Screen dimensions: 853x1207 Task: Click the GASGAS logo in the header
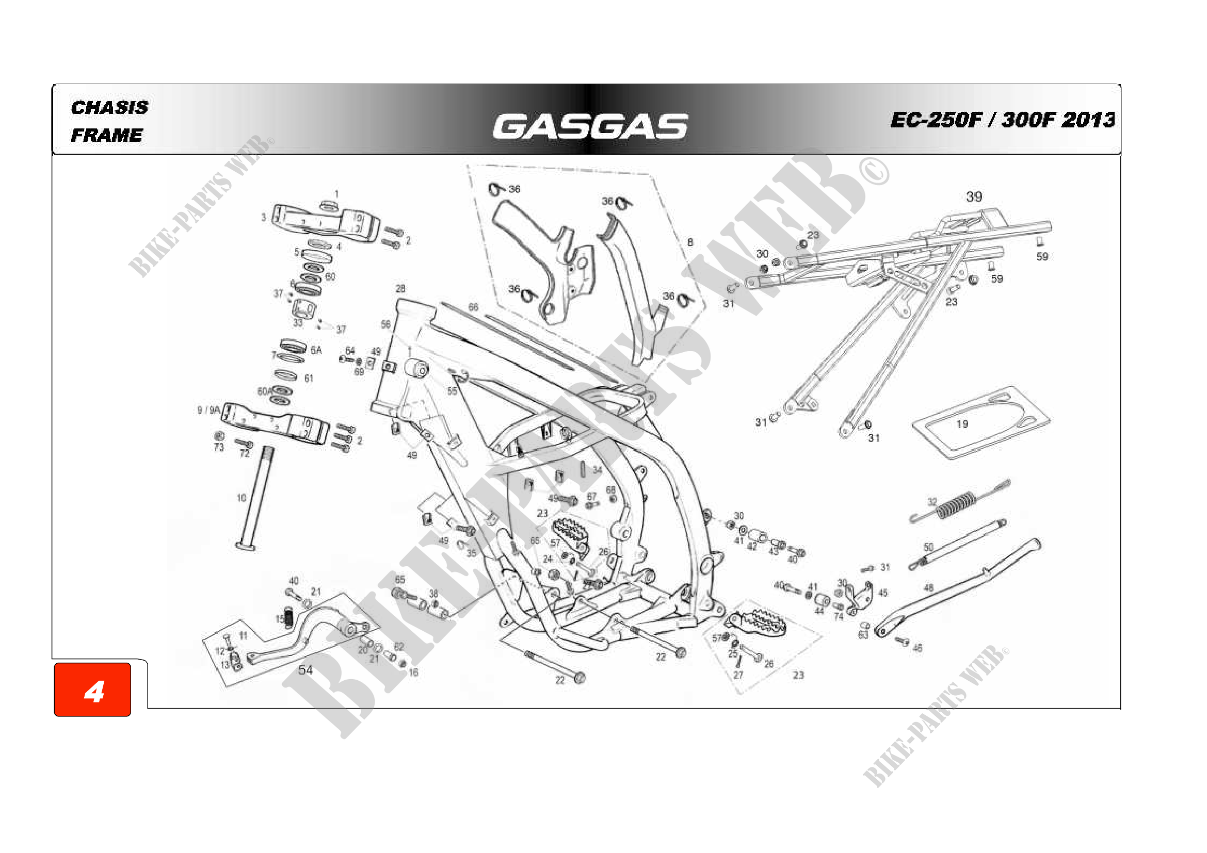tap(590, 126)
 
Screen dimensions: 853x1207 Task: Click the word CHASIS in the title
tap(110, 108)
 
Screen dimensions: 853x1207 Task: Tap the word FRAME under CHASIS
tap(107, 136)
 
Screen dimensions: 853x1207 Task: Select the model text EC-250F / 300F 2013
tap(1002, 120)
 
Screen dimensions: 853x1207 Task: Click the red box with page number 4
tap(93, 690)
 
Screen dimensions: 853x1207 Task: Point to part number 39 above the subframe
tap(974, 197)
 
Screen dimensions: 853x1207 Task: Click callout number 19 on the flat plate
tap(962, 424)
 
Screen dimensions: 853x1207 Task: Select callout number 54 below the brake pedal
tap(305, 670)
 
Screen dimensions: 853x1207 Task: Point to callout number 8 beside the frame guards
tap(690, 242)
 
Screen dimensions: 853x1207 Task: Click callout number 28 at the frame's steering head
tap(400, 288)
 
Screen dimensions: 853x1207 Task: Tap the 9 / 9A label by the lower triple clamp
tap(208, 410)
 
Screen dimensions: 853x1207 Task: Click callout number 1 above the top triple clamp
tap(336, 194)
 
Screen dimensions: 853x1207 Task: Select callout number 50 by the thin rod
tap(928, 547)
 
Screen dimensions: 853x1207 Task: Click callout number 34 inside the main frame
tap(597, 470)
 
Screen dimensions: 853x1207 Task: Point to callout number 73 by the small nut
tap(219, 448)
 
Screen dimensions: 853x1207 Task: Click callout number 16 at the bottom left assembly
tap(414, 672)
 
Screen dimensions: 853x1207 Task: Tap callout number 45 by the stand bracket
tap(882, 593)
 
